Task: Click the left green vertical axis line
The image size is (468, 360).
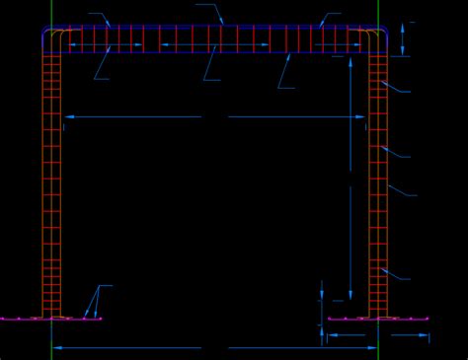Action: [x=51, y=197]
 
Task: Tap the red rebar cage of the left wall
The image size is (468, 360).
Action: [x=51, y=178]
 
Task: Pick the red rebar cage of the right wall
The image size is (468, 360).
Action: [x=378, y=178]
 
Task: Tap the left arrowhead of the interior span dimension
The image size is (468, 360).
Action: [x=69, y=117]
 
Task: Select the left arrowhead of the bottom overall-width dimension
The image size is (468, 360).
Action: [x=57, y=347]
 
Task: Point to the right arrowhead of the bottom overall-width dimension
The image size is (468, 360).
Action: [x=372, y=347]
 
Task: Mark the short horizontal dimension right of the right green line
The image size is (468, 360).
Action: [x=409, y=335]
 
